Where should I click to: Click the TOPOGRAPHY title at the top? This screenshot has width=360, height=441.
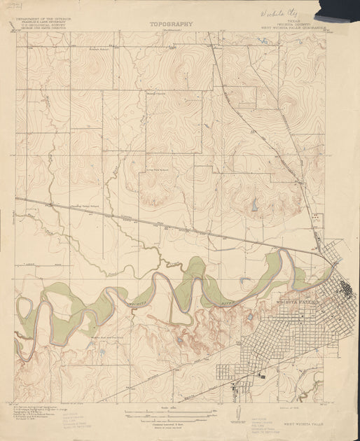pyautogui.click(x=171, y=24)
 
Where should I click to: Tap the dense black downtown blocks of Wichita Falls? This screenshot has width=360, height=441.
pyautogui.click(x=346, y=288)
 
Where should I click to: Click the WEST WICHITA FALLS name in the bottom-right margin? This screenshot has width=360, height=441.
pyautogui.click(x=305, y=423)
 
